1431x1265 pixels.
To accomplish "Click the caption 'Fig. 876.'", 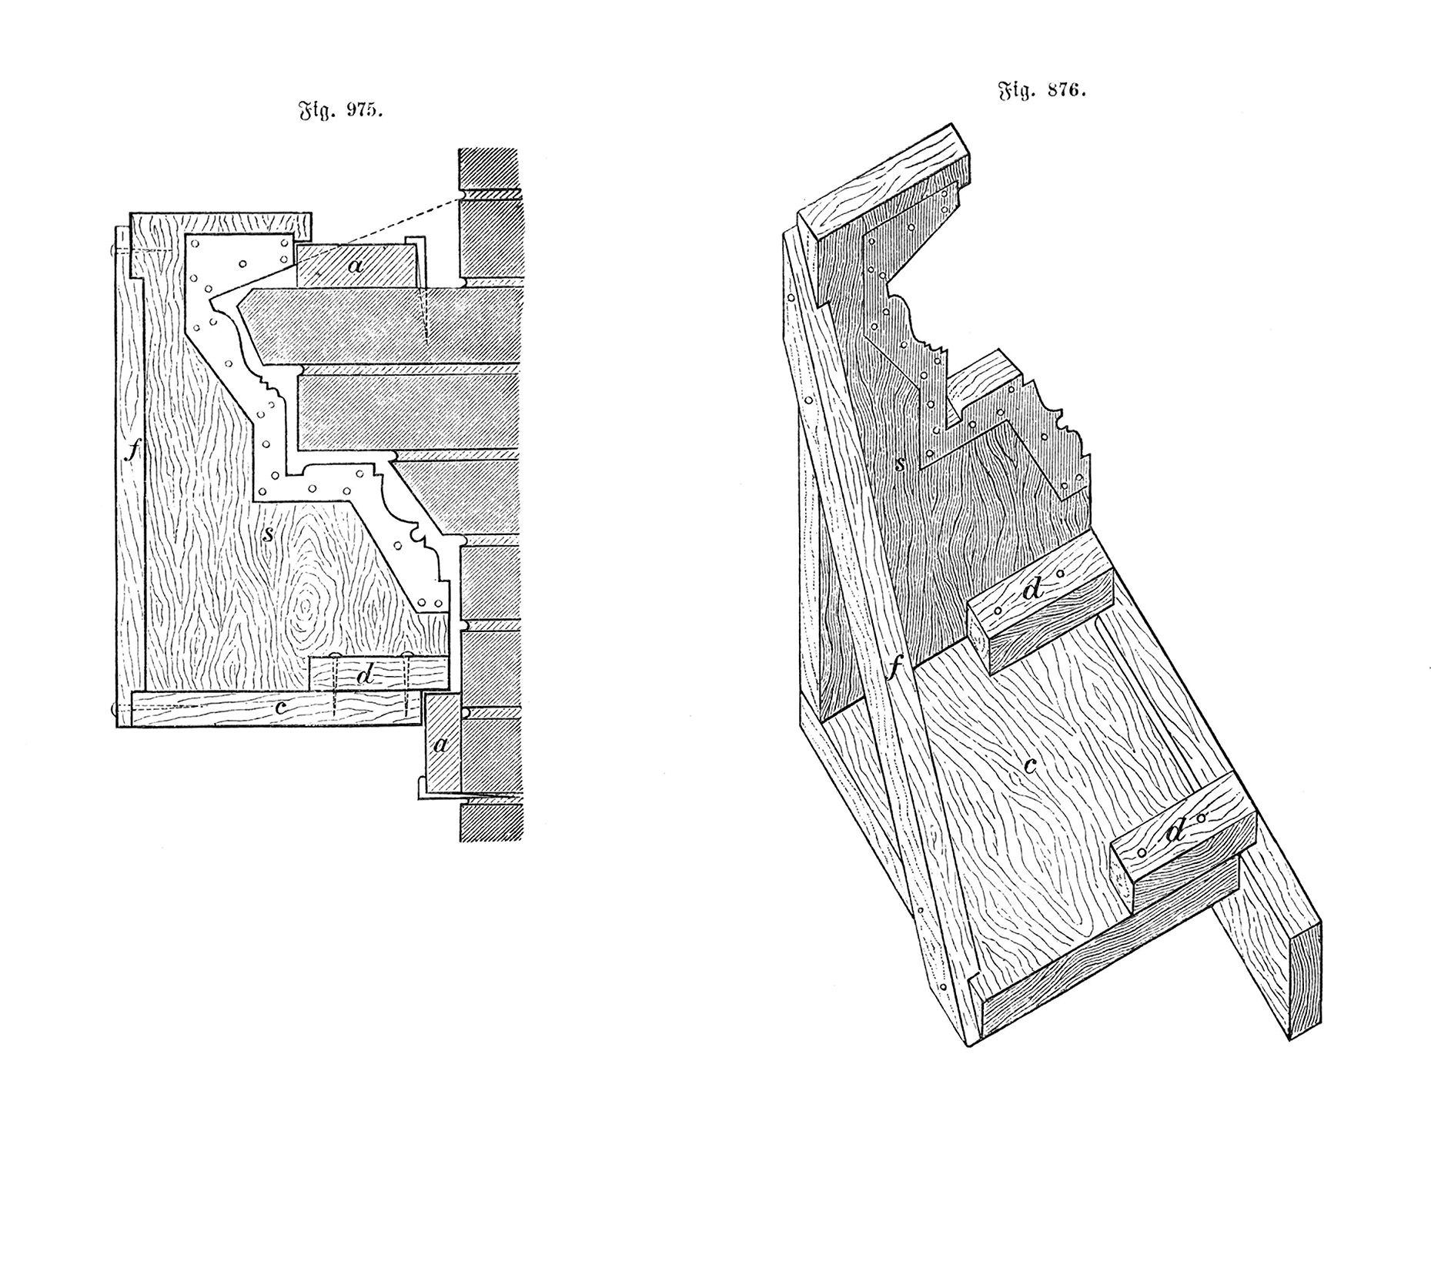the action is [x=1042, y=92].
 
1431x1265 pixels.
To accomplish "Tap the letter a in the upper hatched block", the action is [x=355, y=266].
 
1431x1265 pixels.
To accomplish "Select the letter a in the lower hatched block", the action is [x=441, y=745].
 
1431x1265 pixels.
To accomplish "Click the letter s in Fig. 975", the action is [x=267, y=534].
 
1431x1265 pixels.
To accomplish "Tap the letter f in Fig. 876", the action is [x=894, y=667].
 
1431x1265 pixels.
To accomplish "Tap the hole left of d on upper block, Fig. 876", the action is [x=998, y=611].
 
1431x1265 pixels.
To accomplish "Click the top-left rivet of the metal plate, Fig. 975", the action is [x=195, y=243].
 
